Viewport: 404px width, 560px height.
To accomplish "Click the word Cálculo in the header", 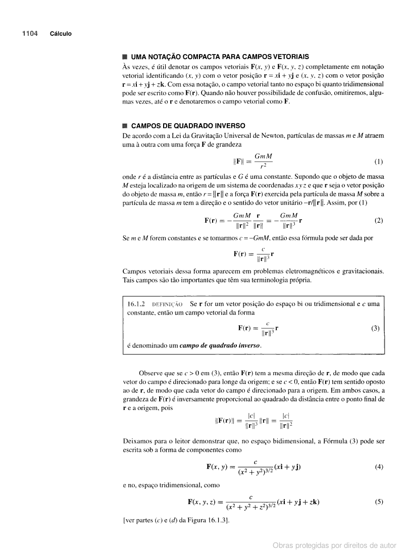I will click(61, 34).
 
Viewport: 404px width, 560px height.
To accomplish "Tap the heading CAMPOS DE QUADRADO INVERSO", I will click(188, 126).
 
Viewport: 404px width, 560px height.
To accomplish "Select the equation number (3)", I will click(375, 328).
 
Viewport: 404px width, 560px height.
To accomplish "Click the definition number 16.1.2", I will click(138, 304).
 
